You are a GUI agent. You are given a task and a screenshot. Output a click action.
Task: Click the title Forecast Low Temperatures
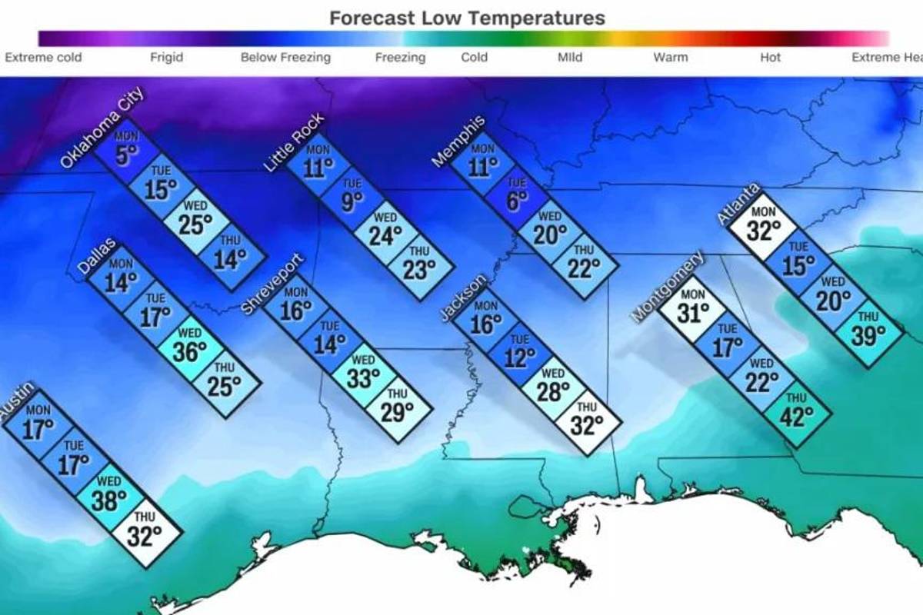[x=467, y=18]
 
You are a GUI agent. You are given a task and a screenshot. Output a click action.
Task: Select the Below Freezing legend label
[x=285, y=57]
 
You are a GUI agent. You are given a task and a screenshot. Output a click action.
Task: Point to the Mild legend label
[x=570, y=57]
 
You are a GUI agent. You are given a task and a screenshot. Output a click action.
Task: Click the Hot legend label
[x=770, y=57]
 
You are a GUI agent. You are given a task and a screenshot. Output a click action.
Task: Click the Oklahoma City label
[x=102, y=131]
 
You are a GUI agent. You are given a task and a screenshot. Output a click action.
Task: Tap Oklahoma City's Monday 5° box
[x=126, y=151]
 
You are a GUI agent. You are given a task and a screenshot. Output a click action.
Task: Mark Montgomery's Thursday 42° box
[x=797, y=413]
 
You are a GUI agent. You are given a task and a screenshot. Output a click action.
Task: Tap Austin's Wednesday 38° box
[x=108, y=495]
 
